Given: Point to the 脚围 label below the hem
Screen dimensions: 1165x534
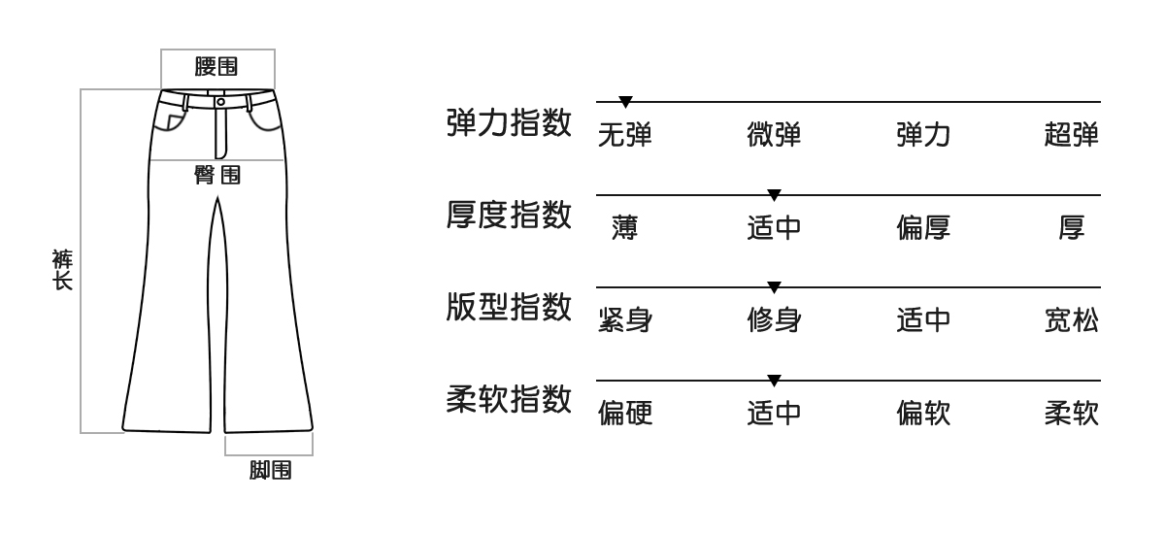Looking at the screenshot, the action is coord(269,472).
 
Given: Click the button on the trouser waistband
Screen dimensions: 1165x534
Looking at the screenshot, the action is coord(220,100).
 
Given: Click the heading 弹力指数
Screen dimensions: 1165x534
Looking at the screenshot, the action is coord(508,123).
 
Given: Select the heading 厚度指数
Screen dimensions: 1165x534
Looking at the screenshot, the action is coord(508,216).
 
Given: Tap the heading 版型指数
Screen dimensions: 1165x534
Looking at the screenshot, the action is coord(508,309).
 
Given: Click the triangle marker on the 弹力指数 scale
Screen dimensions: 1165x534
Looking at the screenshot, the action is coord(626,101).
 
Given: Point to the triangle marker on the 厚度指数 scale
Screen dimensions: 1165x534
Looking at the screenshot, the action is coord(774,194).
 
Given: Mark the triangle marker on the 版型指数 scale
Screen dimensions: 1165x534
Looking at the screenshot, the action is coord(774,287).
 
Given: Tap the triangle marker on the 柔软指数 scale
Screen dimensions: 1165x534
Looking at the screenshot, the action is coord(774,380).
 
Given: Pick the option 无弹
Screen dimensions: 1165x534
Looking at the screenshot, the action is coord(624,136).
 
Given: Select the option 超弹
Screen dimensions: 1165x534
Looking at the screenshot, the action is coord(1072,136).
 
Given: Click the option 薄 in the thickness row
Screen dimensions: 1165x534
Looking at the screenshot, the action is coord(624,229).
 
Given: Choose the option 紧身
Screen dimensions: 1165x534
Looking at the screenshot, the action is coord(624,321).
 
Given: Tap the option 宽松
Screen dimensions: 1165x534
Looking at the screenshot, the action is coord(1072,321).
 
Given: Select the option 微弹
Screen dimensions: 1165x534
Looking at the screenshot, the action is coord(774,136).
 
